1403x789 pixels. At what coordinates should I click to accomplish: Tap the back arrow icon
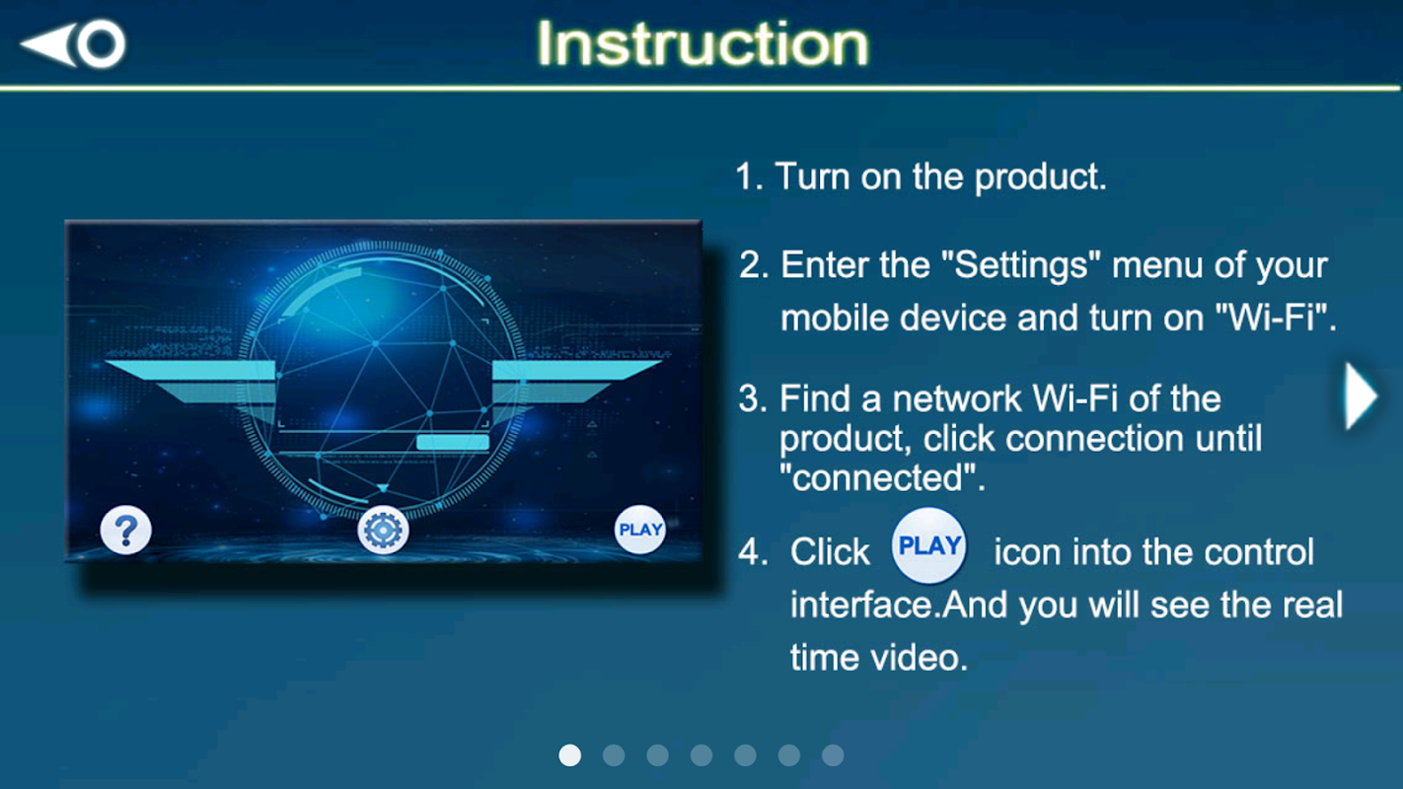[x=73, y=43]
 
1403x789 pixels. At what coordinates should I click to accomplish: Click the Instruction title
[x=702, y=43]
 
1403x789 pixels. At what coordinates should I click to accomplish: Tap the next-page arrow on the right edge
[x=1361, y=396]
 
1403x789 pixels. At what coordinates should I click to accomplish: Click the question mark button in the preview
[x=126, y=531]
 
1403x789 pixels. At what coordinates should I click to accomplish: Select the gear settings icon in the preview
[x=384, y=531]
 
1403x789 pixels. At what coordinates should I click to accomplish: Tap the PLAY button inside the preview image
[x=640, y=530]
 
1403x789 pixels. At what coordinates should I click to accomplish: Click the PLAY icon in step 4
[x=928, y=545]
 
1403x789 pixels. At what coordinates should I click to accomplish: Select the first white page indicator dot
[x=570, y=755]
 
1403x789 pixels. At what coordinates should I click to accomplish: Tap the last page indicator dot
[x=833, y=755]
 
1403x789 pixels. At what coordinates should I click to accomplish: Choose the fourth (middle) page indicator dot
[x=701, y=755]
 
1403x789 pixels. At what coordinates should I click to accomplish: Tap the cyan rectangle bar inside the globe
[x=453, y=442]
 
